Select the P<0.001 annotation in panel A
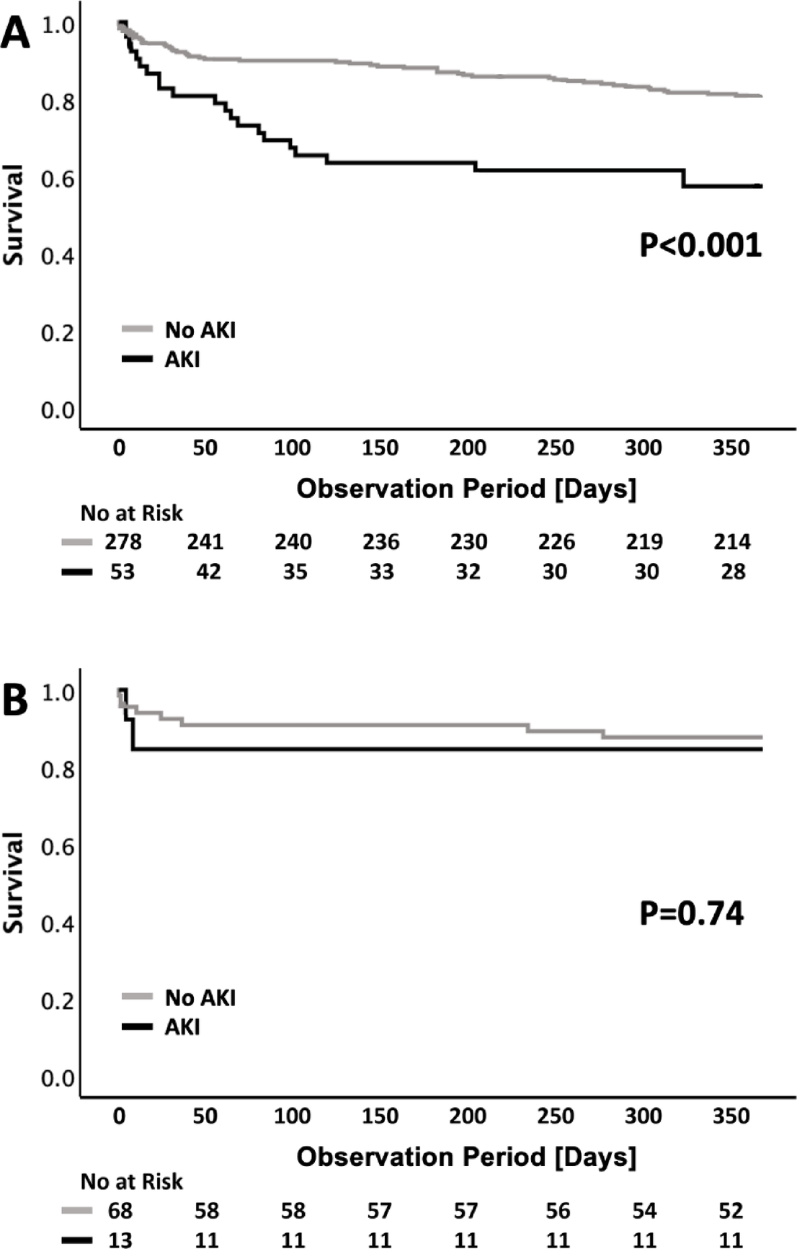(x=700, y=245)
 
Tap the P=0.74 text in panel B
(x=691, y=913)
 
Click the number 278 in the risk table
(x=123, y=541)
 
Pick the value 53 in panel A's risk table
(x=123, y=572)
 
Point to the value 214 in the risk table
(x=732, y=541)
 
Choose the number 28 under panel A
(x=733, y=572)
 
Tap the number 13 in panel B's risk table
(x=120, y=1239)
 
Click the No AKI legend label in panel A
(x=200, y=330)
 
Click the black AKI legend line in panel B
(x=137, y=1026)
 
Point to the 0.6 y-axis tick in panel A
(x=58, y=179)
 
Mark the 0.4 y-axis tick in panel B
(x=58, y=924)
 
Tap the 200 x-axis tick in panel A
(x=468, y=448)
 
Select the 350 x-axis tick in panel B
(x=731, y=1116)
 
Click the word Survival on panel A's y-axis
(x=13, y=215)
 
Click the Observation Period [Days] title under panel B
(x=466, y=1156)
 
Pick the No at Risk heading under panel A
(x=131, y=513)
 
